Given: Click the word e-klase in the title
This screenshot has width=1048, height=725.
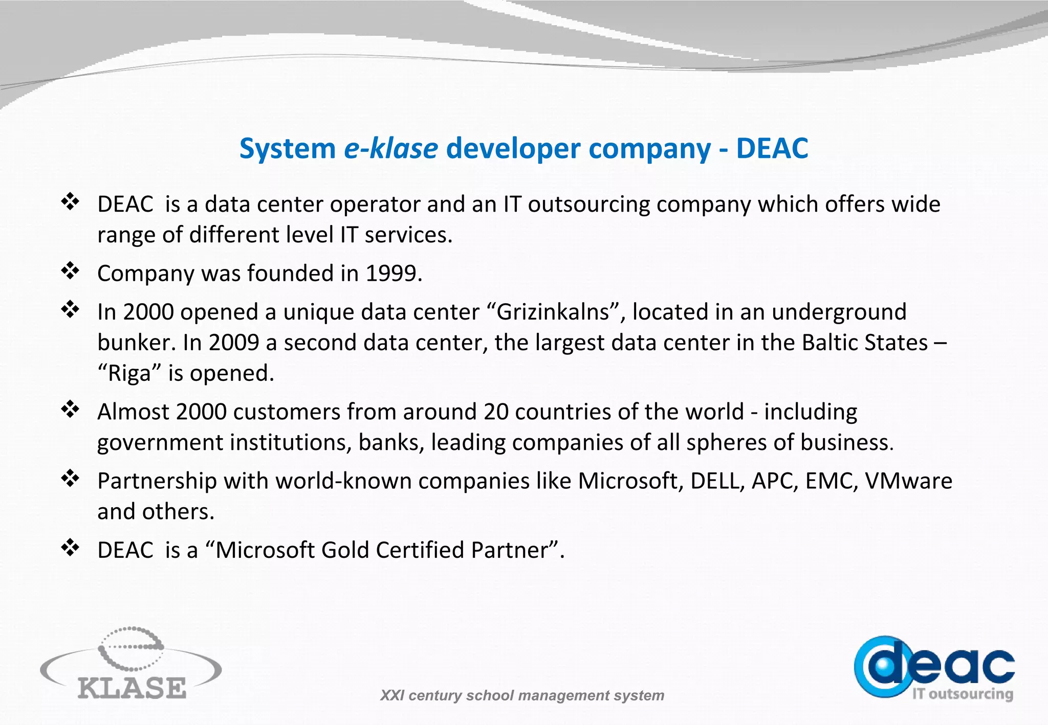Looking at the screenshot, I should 390,149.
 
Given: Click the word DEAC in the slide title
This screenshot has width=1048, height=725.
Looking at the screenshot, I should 772,149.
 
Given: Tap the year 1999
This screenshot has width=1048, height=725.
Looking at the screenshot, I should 394,274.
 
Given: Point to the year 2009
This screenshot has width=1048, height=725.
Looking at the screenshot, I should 234,343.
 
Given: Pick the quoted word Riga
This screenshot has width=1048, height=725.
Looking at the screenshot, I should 129,373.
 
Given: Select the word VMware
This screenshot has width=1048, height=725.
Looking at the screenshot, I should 908,481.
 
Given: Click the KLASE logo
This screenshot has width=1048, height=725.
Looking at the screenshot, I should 131,665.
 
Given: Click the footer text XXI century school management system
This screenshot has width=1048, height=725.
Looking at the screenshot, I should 522,695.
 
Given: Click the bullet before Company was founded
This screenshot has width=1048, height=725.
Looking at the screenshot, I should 70,271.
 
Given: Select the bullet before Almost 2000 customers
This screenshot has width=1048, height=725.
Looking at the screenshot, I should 70,409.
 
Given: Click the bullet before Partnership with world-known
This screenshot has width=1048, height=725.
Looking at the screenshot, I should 70,479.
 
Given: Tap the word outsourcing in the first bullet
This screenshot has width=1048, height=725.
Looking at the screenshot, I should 588,205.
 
